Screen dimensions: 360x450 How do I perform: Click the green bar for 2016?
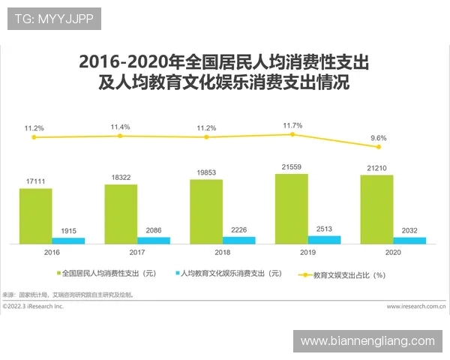35,216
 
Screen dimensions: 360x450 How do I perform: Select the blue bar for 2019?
324,240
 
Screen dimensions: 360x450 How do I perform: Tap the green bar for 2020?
376,209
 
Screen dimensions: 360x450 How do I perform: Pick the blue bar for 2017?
154,241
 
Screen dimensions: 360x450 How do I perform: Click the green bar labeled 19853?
206,211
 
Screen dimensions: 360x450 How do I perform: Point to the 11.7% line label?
292,125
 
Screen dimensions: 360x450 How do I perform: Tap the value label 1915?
69,230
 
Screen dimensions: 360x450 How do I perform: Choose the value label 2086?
154,229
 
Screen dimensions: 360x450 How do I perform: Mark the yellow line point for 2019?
292,134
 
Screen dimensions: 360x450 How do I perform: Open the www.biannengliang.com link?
367,340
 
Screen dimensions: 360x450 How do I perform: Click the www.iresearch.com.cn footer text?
416,307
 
